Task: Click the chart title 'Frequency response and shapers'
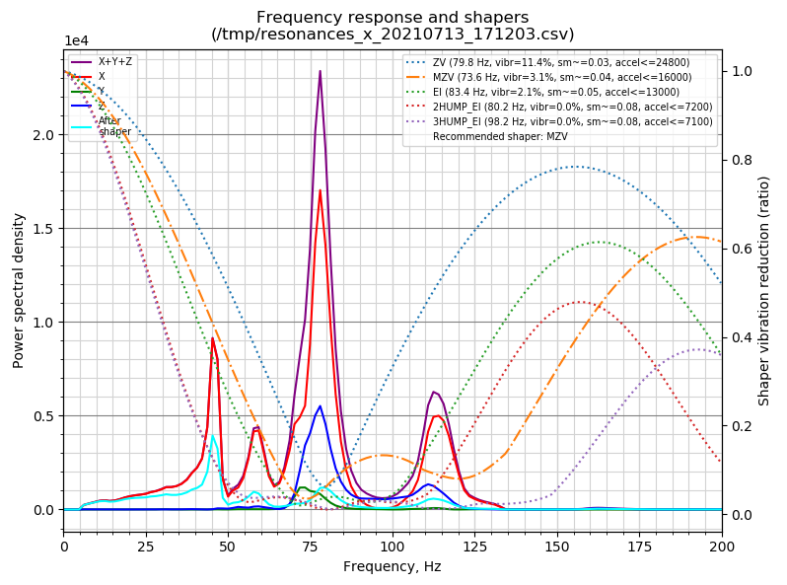[x=393, y=17]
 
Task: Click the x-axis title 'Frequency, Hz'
[x=393, y=566]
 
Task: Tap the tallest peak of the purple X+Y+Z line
[x=320, y=71]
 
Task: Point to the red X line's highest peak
[x=320, y=190]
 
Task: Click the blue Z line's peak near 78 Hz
[x=320, y=405]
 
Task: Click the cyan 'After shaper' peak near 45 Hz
[x=212, y=435]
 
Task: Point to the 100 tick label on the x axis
[x=393, y=545]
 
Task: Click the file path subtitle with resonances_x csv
[x=393, y=35]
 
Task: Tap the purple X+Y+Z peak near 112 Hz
[x=434, y=392]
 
